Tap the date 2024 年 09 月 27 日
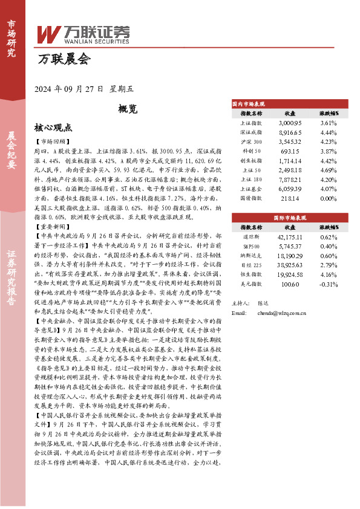click(x=71, y=88)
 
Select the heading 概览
click(x=128, y=109)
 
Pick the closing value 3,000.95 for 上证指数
click(x=290, y=123)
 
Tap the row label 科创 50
click(x=251, y=151)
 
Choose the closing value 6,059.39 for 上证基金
click(x=290, y=189)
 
